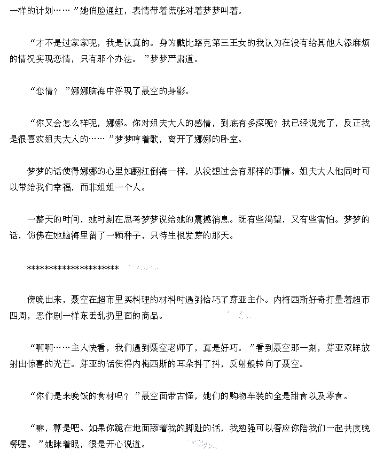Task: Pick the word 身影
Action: click(179, 91)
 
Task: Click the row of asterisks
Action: click(73, 268)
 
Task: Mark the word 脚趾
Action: click(194, 428)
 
